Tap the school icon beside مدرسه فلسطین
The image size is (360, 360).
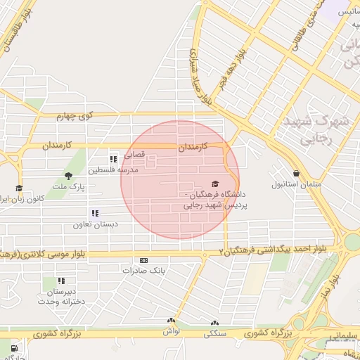(x=113, y=160)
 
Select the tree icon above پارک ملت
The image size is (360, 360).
(x=68, y=176)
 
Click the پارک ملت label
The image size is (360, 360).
(x=71, y=188)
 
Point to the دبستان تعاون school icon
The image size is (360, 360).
(x=95, y=213)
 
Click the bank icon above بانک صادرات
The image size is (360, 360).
(x=144, y=259)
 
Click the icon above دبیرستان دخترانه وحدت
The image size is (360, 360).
(x=61, y=281)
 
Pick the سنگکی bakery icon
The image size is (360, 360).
(x=214, y=324)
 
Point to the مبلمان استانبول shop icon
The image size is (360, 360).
(x=296, y=173)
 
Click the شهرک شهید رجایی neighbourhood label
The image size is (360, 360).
(x=316, y=129)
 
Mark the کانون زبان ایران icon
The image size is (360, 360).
(x=18, y=188)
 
